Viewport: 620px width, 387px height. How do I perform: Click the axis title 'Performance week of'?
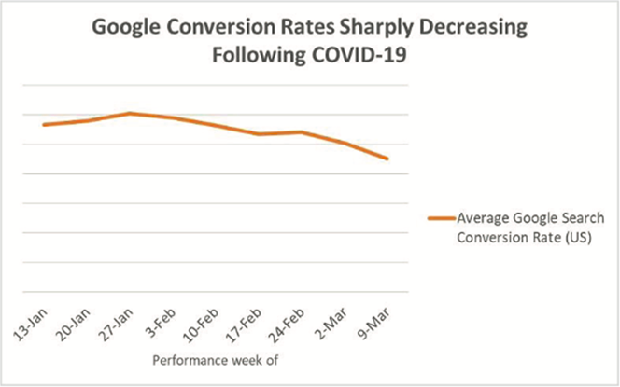[216, 357]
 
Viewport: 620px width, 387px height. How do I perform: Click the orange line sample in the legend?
[441, 218]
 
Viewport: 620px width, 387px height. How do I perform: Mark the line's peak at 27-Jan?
[130, 113]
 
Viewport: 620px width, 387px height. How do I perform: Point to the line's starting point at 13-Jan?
[44, 124]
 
